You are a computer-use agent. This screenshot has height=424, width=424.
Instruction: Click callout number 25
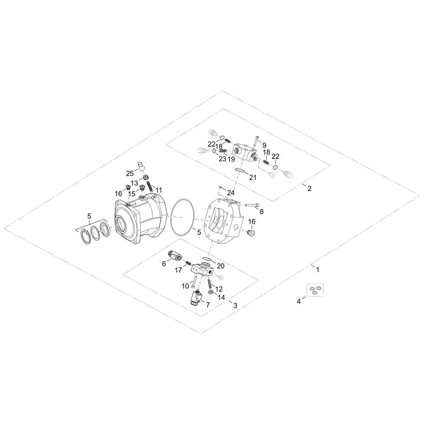point(130,173)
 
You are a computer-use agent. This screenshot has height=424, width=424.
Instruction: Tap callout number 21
point(253,177)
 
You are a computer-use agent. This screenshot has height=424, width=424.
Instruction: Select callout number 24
point(231,193)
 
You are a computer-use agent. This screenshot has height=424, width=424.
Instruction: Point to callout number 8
point(261,211)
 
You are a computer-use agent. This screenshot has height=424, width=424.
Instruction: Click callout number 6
point(164,264)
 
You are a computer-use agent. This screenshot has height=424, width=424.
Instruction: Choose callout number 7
point(208,305)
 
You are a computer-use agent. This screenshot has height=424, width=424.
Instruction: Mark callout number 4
point(298,301)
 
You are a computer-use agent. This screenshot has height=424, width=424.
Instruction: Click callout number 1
point(318,270)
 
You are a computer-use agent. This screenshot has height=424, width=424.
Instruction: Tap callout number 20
point(220,266)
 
